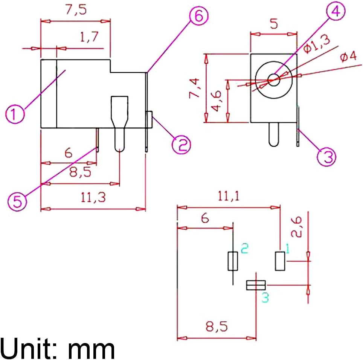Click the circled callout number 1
[15, 114]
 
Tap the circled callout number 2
[181, 145]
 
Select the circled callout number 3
[326, 157]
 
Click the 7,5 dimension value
[76, 10]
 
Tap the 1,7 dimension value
[89, 37]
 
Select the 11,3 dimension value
[93, 197]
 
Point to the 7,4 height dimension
[194, 88]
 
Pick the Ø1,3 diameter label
[317, 44]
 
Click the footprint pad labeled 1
[280, 261]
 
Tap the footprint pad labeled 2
[233, 261]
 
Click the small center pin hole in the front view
[274, 79]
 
